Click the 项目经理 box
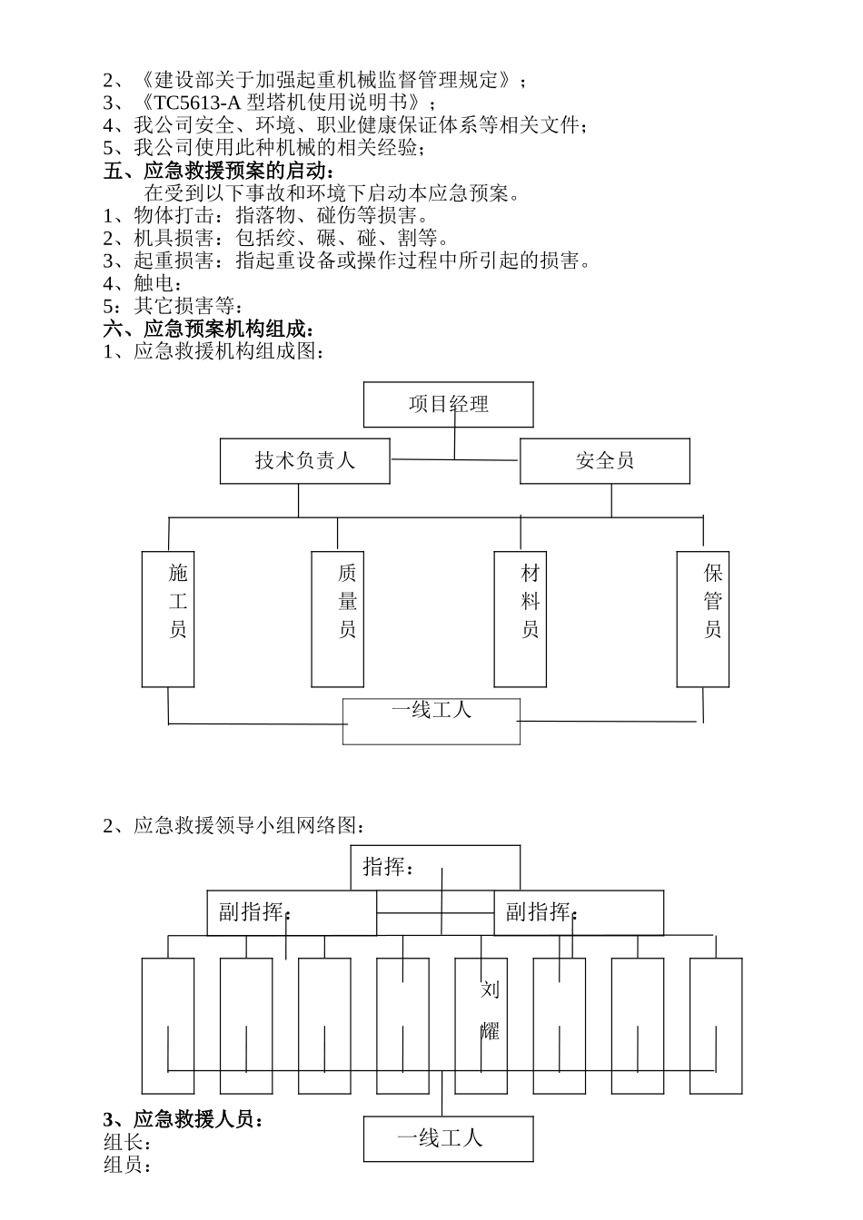click(448, 404)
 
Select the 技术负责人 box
click(305, 461)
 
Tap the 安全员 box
click(604, 461)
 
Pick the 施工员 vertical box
click(168, 618)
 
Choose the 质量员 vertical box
click(337, 618)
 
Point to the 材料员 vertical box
click(521, 618)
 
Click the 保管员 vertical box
click(703, 618)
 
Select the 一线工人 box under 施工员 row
click(431, 721)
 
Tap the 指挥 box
click(435, 867)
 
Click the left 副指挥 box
click(291, 912)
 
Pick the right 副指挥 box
click(579, 912)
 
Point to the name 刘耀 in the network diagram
click(490, 1010)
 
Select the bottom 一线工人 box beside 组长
click(448, 1138)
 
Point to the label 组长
click(127, 1143)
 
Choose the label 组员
click(127, 1165)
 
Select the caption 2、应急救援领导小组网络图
click(236, 826)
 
